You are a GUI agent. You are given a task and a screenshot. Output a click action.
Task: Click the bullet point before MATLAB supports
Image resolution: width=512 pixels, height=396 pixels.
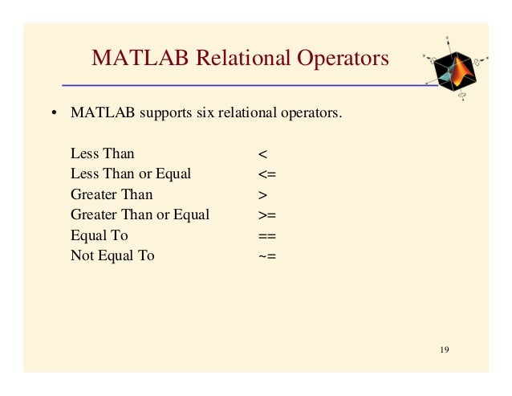[x=54, y=112]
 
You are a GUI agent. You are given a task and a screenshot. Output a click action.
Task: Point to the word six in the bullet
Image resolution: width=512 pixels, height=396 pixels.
[x=203, y=112]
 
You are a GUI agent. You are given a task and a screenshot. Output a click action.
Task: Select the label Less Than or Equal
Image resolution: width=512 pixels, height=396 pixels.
[x=131, y=174]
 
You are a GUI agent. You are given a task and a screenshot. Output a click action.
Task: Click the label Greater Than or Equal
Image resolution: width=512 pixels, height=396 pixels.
[x=140, y=214]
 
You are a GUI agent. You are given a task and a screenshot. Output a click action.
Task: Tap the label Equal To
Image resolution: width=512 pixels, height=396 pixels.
[x=99, y=235]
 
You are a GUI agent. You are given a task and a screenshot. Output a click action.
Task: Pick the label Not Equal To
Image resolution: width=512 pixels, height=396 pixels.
[x=112, y=256]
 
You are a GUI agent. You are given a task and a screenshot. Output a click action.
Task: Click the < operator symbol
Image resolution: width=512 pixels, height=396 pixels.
[x=262, y=153]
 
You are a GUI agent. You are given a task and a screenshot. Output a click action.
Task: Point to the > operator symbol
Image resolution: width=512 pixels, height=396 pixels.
[x=262, y=194]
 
